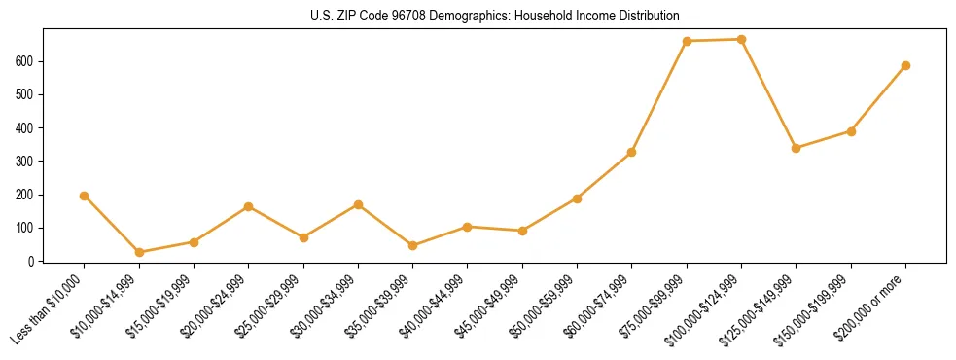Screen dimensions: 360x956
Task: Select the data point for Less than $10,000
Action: (x=85, y=196)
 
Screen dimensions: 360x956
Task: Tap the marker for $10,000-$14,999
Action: (x=139, y=252)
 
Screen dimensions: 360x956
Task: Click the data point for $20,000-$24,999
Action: (x=249, y=206)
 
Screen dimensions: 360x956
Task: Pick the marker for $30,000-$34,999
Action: (x=359, y=204)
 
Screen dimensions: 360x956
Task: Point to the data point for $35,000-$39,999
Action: (x=413, y=245)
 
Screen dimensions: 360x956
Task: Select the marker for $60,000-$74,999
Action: (x=632, y=152)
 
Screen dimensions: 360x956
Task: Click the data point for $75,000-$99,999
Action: (x=687, y=41)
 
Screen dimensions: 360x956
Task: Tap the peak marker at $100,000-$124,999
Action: (x=742, y=39)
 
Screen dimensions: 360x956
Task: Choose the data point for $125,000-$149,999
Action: (x=797, y=148)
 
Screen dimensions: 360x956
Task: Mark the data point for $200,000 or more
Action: (x=906, y=65)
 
